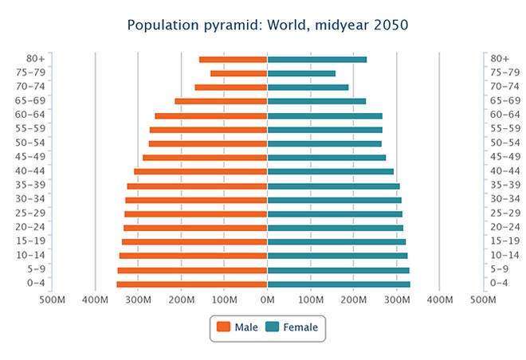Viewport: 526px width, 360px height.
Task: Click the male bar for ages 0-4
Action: [x=192, y=284]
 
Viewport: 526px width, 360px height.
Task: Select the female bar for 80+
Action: [x=317, y=60]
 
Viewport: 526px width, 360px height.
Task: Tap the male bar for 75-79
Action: [x=238, y=73]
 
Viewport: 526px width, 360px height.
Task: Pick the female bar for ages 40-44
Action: [x=331, y=171]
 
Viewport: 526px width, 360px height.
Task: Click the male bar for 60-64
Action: [x=211, y=115]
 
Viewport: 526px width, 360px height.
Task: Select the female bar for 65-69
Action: [x=316, y=101]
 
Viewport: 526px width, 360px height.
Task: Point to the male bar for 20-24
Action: [x=195, y=228]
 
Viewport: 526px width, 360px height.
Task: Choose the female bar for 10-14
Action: [x=338, y=256]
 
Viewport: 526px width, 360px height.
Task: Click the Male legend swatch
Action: [x=223, y=327]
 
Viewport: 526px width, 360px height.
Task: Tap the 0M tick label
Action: [x=268, y=299]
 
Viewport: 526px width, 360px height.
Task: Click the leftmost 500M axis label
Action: [x=52, y=299]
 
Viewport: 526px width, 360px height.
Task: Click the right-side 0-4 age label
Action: [x=500, y=284]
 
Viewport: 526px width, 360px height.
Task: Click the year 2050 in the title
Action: [x=388, y=25]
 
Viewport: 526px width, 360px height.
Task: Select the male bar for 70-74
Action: [x=231, y=88]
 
